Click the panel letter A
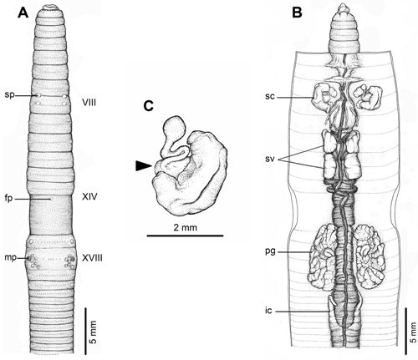point(23,13)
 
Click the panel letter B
point(297,13)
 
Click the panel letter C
point(149,106)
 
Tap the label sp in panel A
point(9,95)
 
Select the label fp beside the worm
point(9,199)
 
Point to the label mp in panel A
point(10,258)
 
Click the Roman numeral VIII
point(89,103)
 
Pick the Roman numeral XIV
point(89,197)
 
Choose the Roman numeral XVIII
point(92,258)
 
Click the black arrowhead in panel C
point(143,165)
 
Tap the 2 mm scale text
point(185,228)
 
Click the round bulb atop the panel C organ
point(174,127)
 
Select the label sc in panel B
point(270,96)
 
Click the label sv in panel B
point(270,160)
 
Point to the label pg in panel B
point(270,251)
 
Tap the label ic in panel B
point(268,311)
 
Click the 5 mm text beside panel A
point(94,332)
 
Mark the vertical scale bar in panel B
point(406,327)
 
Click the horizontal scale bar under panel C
point(185,236)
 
